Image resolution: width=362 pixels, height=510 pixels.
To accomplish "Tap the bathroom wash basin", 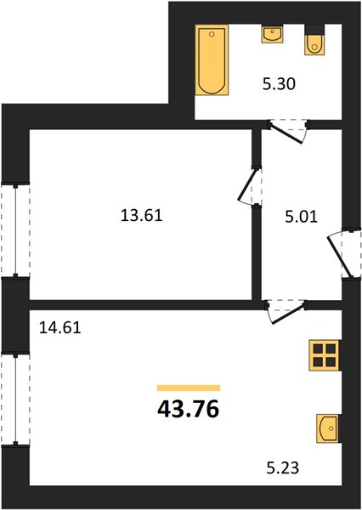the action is (272, 34).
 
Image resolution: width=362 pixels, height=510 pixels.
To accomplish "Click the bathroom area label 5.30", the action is (279, 84).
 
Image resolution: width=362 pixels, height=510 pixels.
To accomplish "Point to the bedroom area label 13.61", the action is (141, 216).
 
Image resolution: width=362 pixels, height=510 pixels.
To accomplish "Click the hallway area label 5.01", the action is (301, 217).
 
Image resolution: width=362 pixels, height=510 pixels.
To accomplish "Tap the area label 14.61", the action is (59, 327).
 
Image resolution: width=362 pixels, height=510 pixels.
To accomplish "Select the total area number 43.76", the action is (189, 410).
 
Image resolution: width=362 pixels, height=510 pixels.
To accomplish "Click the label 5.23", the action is (283, 468).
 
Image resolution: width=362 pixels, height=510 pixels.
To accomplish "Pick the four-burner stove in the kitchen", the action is (325, 355).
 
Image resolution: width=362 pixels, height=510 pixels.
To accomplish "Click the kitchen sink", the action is (327, 428).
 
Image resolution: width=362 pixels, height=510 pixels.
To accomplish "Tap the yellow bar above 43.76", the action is (189, 388).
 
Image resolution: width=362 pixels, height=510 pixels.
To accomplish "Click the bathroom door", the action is (288, 131).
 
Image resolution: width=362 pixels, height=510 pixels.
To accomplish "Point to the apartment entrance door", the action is (343, 253).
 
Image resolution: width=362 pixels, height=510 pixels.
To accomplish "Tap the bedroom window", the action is (15, 230).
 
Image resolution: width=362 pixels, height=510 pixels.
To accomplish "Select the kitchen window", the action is (15, 399).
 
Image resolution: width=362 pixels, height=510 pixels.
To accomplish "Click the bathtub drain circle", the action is (212, 33).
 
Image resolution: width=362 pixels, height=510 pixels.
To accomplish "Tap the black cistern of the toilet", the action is (314, 29).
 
